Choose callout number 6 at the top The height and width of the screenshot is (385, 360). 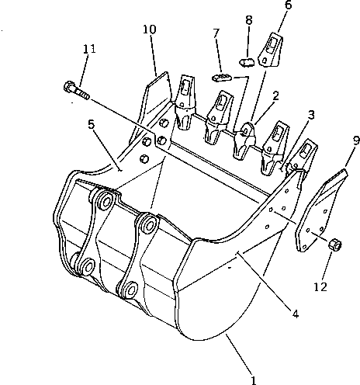267,5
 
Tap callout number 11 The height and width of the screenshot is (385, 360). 89,49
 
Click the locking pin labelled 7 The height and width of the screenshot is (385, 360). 221,78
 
